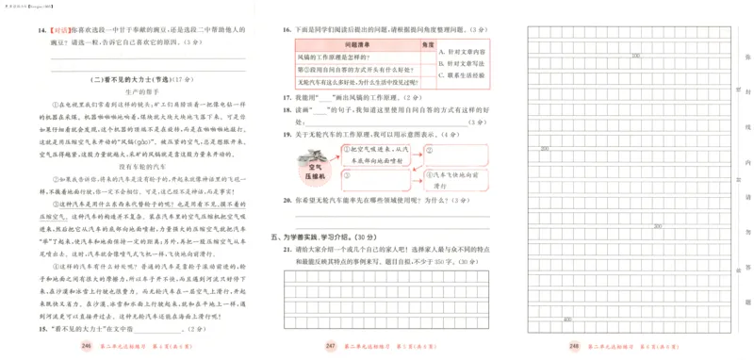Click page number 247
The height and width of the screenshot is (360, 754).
point(329,348)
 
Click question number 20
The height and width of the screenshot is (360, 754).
point(286,202)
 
